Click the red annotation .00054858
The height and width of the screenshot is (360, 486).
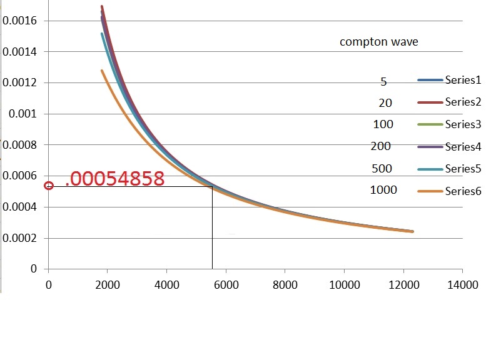[x=114, y=179]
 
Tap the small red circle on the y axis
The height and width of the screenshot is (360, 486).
[x=49, y=186]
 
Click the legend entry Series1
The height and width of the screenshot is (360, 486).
[x=462, y=80]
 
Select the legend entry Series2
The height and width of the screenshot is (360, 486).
[x=462, y=102]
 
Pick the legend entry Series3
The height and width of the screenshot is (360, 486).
[x=462, y=124]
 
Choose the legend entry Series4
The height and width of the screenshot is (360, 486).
[x=462, y=147]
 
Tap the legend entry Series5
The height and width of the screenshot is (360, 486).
[x=462, y=169]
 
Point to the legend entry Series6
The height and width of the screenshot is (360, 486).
[x=462, y=191]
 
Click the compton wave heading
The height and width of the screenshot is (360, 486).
[x=378, y=42]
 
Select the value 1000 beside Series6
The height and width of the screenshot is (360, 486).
[x=383, y=189]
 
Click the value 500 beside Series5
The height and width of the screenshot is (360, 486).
[x=382, y=168]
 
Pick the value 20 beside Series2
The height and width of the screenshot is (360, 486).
[x=385, y=102]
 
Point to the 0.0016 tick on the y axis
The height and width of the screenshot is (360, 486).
[x=20, y=21]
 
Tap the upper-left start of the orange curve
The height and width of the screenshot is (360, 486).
[x=102, y=71]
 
